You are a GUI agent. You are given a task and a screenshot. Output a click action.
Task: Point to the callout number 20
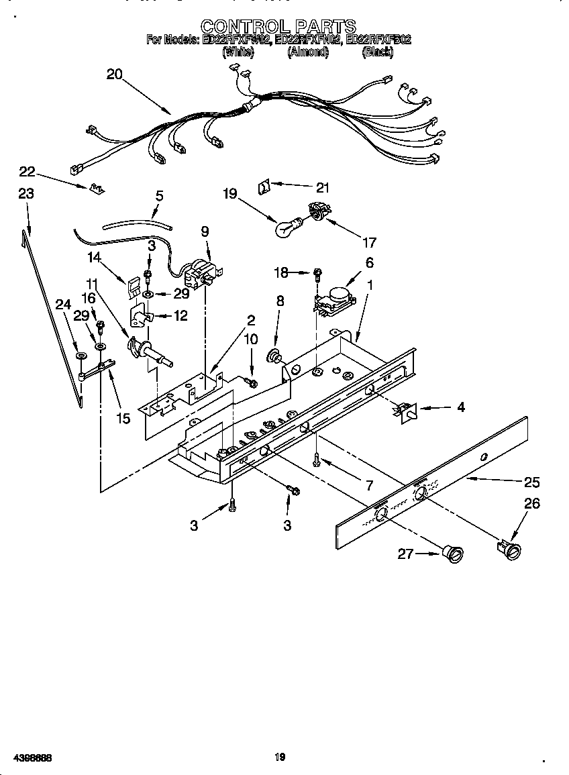[115, 74]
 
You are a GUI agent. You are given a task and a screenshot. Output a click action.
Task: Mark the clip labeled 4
[405, 411]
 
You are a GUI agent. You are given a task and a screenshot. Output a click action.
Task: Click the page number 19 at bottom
[280, 757]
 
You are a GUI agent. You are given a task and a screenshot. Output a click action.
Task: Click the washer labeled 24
[81, 356]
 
